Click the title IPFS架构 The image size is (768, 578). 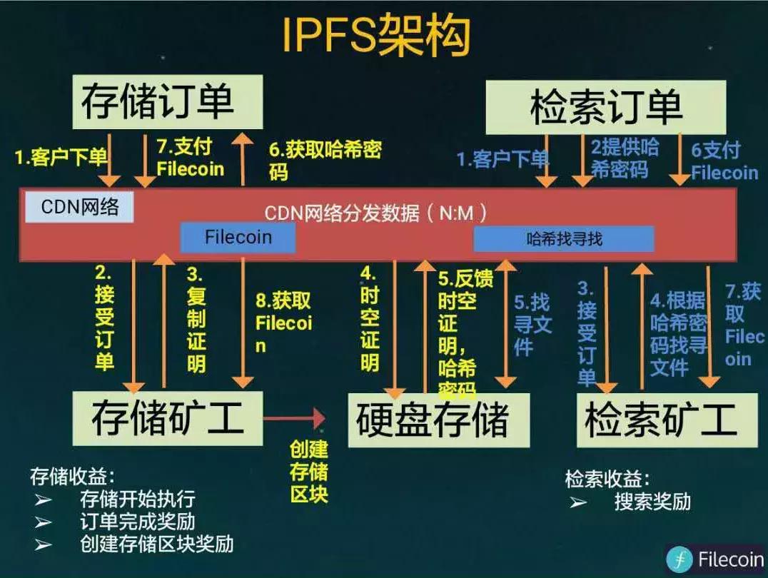(376, 35)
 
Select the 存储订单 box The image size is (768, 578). (157, 102)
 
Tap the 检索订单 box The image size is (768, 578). (606, 107)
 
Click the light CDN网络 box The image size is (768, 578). (79, 207)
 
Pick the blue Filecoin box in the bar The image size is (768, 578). (238, 237)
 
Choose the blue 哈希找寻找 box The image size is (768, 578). (564, 239)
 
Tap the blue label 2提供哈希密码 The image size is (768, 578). (624, 158)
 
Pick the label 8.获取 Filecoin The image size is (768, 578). (283, 323)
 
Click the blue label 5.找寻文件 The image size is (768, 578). (532, 325)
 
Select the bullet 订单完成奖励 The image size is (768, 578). (138, 522)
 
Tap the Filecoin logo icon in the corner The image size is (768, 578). (679, 559)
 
